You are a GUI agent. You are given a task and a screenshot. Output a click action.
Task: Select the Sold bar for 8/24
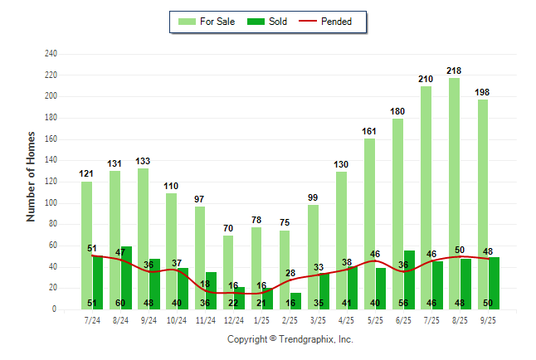pos(126,277)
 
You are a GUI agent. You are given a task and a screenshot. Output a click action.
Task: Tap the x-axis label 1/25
pos(262,319)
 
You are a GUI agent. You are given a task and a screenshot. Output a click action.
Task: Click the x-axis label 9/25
pos(489,319)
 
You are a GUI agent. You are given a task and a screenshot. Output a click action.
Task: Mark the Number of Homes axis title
pos(31,177)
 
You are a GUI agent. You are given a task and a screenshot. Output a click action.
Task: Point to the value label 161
pos(369,131)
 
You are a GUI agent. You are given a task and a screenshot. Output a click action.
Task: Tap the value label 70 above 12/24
pos(229,228)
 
